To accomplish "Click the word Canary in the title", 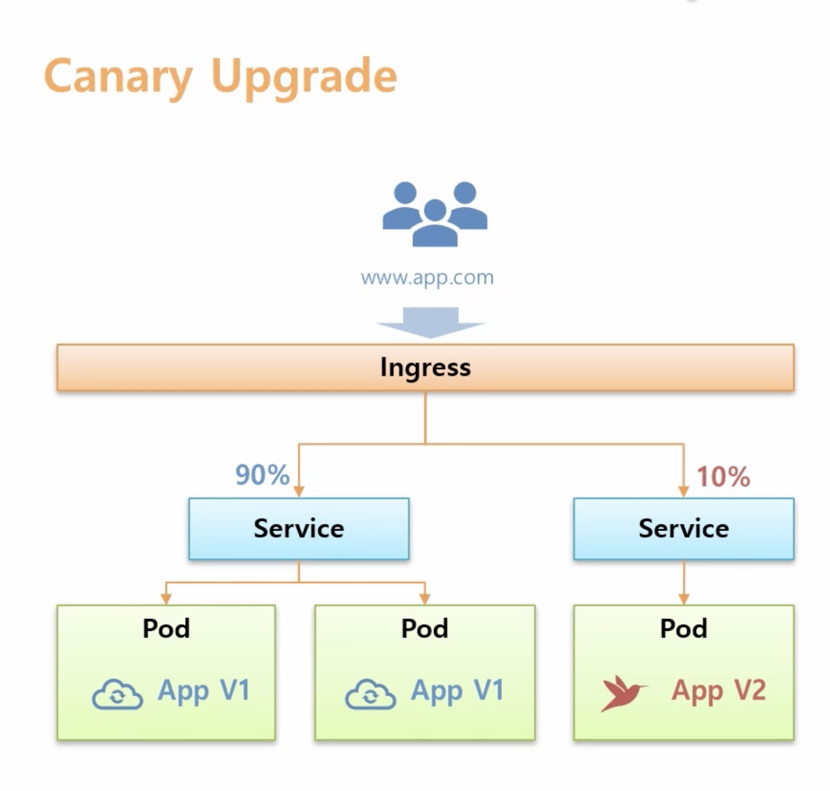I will point(118,77).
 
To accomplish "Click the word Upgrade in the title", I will point(303,77).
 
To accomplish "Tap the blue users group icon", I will point(435,214).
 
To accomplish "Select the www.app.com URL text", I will point(427,277).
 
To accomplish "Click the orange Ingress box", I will point(425,367).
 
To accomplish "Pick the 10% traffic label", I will point(723,477).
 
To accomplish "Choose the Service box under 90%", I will point(299,529).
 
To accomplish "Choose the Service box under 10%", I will point(684,529).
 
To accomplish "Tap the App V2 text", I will point(718,690).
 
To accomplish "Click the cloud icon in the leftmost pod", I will point(117,694).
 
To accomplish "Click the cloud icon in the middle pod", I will point(370,694).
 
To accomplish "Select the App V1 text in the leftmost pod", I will point(204,690).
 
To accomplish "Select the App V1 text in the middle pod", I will point(457,690).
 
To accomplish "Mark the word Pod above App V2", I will point(684,628).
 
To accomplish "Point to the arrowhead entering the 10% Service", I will point(684,491).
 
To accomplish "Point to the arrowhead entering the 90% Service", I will point(299,491).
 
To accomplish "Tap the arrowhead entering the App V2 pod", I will point(684,599).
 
